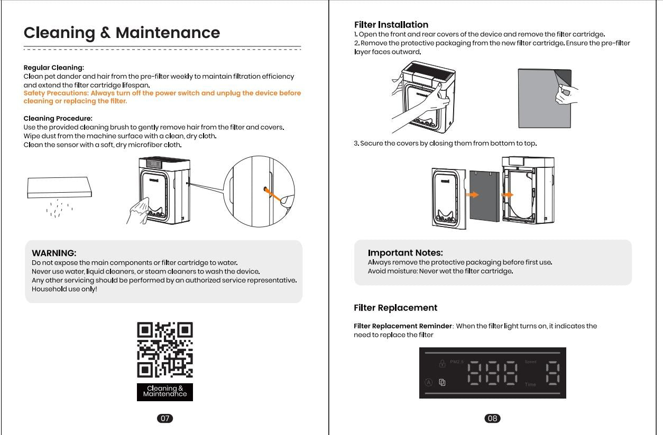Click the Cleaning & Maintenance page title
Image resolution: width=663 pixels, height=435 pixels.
point(122,33)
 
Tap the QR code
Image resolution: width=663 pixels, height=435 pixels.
point(165,350)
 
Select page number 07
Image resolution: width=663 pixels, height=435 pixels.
point(165,418)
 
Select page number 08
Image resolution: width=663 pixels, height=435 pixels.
point(492,418)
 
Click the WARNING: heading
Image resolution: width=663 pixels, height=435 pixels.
point(54,253)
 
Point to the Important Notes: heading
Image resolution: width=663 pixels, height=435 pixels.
point(405,253)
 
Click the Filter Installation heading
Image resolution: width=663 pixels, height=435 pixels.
point(391,25)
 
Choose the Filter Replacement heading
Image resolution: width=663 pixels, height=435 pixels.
point(395,308)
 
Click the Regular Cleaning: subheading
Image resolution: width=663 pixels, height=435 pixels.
point(53,68)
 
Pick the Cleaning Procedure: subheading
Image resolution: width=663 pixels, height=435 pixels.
point(58,118)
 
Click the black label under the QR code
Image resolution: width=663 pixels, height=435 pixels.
point(165,392)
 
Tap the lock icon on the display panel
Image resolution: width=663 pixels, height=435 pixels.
point(442,363)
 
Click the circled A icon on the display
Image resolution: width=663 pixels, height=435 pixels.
point(429,383)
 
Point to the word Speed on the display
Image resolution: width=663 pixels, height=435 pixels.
point(530,362)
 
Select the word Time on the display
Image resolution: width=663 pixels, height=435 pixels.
point(530,384)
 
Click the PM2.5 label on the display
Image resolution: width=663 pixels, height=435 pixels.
point(457,362)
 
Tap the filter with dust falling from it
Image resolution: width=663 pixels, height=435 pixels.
point(59,187)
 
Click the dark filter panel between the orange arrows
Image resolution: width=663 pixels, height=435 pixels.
point(484,196)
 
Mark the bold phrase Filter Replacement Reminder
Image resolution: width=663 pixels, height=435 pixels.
point(403,326)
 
